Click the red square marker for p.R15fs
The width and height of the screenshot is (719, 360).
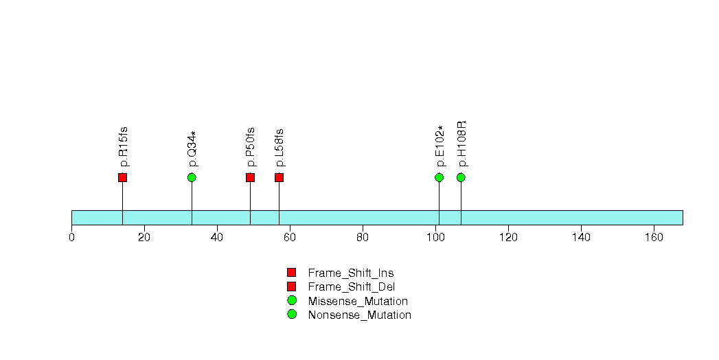[x=122, y=177]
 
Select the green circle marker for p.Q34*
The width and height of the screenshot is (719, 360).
[x=192, y=177]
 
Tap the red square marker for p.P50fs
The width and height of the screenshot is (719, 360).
[x=250, y=177]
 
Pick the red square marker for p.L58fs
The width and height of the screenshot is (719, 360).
[x=279, y=177]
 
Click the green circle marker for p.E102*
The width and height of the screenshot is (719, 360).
[x=440, y=177]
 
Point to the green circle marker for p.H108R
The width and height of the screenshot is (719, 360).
[x=461, y=177]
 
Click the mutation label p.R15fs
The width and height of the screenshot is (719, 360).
[x=123, y=147]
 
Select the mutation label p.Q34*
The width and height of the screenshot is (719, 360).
[x=192, y=149]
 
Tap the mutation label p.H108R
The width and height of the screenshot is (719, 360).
[x=461, y=144]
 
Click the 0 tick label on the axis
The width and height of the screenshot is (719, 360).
[x=71, y=237]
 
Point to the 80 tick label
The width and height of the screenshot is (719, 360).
[x=363, y=237]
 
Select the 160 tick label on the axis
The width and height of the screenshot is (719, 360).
[x=654, y=237]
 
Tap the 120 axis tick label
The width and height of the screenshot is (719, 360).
[x=508, y=237]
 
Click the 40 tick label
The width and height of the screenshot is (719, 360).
[x=217, y=237]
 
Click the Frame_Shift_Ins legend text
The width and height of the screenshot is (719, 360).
[x=351, y=273]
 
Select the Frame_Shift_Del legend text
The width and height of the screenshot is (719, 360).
[x=351, y=287]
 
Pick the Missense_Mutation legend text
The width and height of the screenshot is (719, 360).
[x=358, y=302]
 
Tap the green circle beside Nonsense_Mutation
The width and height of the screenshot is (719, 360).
[x=292, y=314]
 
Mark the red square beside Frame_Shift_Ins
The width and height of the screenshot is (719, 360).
[x=292, y=273]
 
